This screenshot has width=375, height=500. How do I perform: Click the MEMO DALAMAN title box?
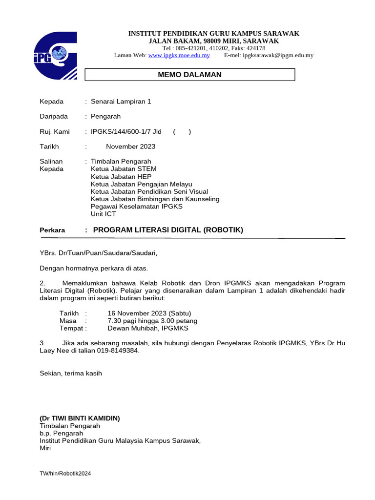point(190,75)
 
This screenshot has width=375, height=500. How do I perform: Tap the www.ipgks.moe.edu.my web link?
point(179,55)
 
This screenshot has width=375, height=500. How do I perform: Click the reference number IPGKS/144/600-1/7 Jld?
point(126,132)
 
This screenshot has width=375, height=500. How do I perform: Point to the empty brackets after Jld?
point(182,132)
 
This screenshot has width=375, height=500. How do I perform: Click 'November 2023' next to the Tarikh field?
point(130,146)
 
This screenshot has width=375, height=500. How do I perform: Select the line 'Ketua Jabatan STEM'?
point(124,169)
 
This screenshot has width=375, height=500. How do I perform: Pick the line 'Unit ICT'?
point(103,214)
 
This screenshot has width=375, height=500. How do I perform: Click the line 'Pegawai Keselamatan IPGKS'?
point(136,207)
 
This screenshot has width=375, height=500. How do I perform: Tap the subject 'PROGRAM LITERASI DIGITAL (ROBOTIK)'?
point(167,230)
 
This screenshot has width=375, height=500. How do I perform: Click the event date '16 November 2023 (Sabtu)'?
point(149,313)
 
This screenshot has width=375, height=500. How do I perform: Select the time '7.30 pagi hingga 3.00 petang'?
point(152,321)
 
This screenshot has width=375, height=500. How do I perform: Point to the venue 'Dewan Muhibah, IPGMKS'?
point(147,328)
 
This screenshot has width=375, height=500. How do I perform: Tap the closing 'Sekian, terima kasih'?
point(71,373)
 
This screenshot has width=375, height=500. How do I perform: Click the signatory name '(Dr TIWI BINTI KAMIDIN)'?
point(80,418)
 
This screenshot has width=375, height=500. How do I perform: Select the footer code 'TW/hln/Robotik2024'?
point(65,474)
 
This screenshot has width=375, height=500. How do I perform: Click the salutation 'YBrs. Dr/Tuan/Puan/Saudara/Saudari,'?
point(99,253)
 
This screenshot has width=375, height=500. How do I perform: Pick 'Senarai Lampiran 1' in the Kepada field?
point(121,102)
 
